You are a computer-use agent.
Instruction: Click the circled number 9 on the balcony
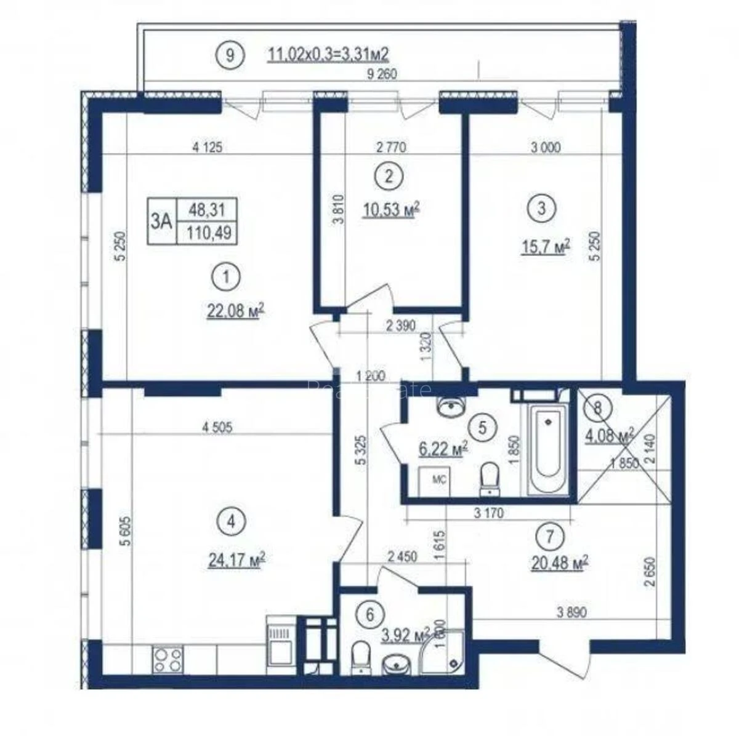(x=230, y=55)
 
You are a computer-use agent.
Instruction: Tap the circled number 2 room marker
(x=388, y=176)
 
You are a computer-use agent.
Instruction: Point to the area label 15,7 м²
(x=545, y=247)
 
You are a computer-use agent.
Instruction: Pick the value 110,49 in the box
(x=206, y=233)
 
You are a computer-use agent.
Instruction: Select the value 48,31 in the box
(x=206, y=210)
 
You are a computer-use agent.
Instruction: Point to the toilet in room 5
(x=490, y=479)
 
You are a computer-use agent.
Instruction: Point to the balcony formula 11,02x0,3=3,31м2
(x=328, y=55)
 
